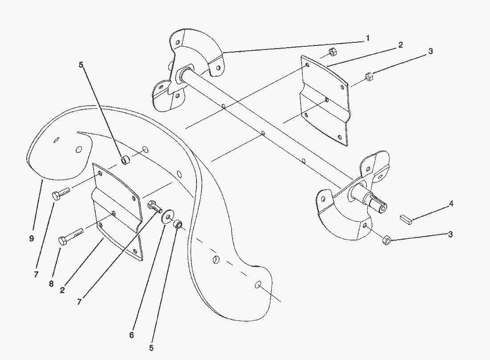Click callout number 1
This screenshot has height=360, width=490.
point(368,38)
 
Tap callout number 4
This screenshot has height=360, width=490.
point(451,204)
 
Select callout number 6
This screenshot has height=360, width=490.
point(131,335)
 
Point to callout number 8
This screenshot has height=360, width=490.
point(51,284)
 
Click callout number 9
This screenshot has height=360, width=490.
point(31,239)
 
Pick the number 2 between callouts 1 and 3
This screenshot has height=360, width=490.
point(400,45)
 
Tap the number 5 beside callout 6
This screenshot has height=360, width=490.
point(151,348)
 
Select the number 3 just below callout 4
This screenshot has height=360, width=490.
point(450,234)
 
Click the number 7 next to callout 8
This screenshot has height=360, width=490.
point(36,274)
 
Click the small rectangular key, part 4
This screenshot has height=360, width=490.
point(406,219)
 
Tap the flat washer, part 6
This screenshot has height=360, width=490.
point(167,217)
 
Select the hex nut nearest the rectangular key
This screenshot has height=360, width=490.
point(387,240)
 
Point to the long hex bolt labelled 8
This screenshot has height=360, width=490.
point(71,237)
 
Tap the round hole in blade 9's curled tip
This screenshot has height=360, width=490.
point(79,150)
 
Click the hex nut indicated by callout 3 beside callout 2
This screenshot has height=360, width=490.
point(369,77)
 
